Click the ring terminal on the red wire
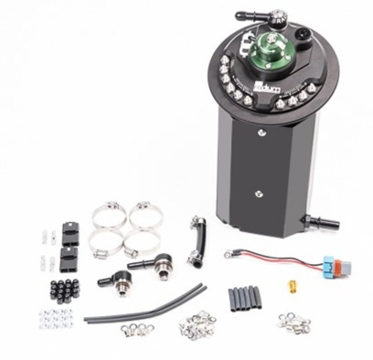coord(228,254)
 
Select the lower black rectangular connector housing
coord(69,258)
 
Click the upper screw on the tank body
coord(260,133)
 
